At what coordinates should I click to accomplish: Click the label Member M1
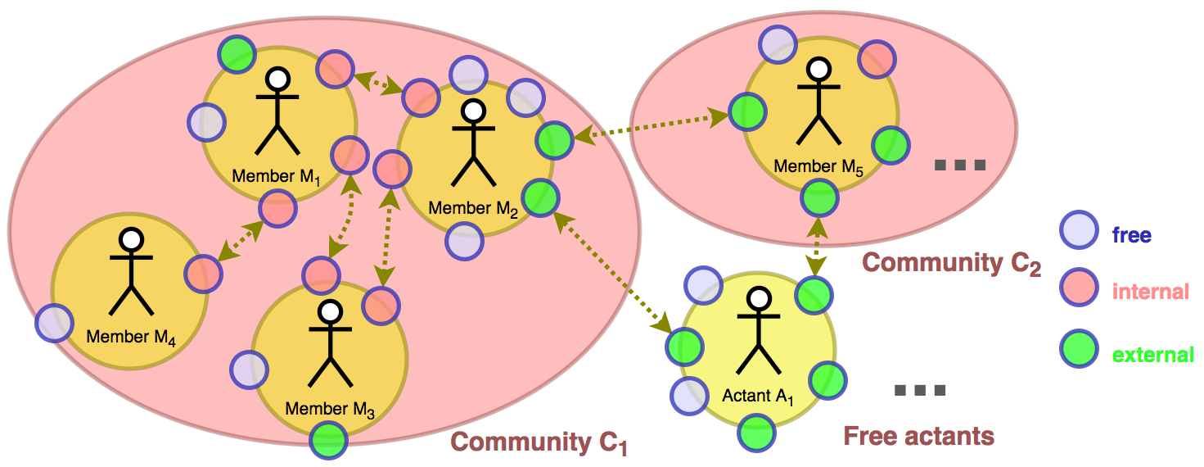tap(274, 176)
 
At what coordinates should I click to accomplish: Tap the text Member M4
tap(131, 337)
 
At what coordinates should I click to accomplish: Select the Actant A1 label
tap(758, 397)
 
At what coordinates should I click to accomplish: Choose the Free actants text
tap(918, 435)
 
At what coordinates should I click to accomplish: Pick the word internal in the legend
tap(1151, 290)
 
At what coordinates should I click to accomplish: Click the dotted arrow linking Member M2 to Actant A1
tap(612, 271)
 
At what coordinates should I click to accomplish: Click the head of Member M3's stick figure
tap(331, 311)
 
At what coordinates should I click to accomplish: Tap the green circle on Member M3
tap(329, 440)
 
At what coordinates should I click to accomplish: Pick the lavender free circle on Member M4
tap(54, 323)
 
